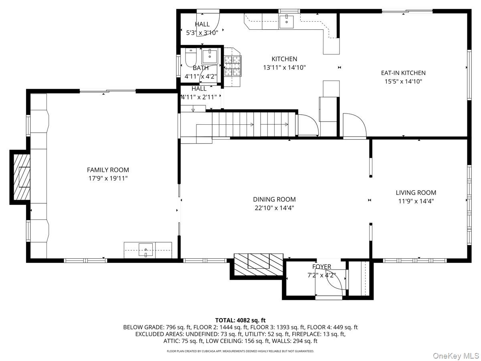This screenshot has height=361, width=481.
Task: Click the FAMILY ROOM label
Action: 108,170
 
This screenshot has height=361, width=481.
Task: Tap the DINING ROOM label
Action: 274,199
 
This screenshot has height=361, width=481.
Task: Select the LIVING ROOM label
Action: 416,193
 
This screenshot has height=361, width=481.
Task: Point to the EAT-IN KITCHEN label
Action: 403,73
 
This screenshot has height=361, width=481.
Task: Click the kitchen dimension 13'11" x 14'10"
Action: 284,67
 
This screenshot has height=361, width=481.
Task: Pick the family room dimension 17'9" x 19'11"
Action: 108,178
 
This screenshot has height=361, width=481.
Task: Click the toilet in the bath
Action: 191,57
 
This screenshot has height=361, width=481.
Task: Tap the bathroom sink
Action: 210,57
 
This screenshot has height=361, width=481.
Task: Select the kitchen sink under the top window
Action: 286,22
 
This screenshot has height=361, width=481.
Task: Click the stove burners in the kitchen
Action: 233,66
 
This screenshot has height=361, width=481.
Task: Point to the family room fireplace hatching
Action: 22,177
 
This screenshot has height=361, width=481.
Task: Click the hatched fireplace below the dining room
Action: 259,265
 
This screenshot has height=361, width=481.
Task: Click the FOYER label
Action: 321,266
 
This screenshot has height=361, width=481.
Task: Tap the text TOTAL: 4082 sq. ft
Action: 240,320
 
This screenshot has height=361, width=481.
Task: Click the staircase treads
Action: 253,124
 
